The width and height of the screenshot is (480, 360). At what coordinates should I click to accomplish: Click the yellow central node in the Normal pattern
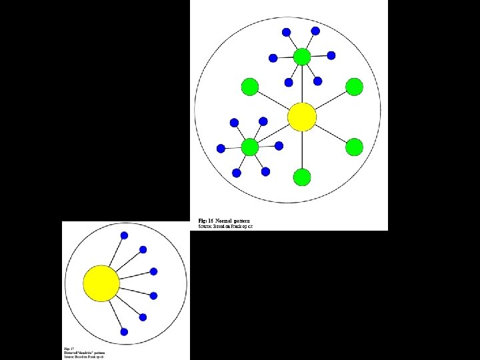coord(302,117)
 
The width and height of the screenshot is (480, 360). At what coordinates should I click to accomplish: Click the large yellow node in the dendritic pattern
coord(101,283)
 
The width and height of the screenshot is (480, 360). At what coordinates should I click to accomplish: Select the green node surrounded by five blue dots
coord(302,57)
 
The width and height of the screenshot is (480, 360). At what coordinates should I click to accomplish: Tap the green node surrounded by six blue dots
coord(250,147)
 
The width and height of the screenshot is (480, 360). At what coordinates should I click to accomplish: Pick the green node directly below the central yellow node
coord(302,177)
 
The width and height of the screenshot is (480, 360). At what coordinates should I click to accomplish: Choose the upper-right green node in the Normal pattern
coord(354,87)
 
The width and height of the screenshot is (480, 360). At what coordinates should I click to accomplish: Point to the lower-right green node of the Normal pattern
coord(354,147)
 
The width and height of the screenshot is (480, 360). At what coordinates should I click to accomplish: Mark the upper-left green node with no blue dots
coord(250,87)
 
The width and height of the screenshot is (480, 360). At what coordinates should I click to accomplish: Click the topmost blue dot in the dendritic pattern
coord(124,235)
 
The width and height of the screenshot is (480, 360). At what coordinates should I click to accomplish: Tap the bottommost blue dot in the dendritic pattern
coord(124,331)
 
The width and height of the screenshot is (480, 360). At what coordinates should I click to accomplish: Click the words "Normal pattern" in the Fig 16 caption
coord(233,221)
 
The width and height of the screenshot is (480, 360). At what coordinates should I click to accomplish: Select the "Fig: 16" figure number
coord(205,221)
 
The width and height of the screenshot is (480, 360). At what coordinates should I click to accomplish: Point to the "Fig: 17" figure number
coord(69,349)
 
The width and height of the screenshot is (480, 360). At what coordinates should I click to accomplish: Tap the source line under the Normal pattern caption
coord(225,227)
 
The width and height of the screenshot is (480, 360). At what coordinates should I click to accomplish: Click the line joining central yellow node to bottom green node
coord(302,150)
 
